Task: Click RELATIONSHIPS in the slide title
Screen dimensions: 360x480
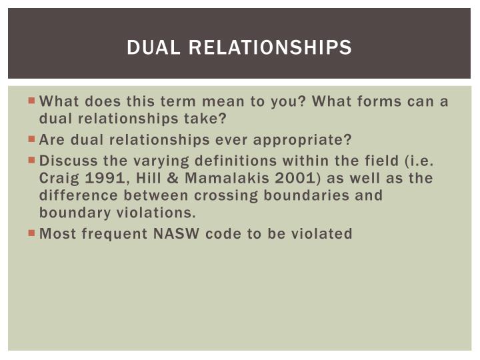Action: tap(271, 47)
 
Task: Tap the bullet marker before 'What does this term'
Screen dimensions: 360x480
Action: tap(33, 102)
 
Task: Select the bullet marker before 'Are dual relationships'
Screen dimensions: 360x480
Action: tap(33, 140)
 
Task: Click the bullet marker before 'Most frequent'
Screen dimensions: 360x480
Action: tap(33, 233)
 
